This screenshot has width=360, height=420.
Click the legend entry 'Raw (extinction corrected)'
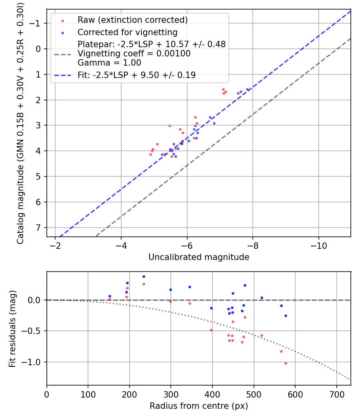(132, 20)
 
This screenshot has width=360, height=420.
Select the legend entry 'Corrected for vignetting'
(127, 32)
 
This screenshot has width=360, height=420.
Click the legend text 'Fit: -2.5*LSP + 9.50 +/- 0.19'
(136, 75)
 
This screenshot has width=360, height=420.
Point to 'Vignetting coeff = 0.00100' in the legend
(134, 54)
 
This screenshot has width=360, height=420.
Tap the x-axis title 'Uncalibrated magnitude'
(199, 257)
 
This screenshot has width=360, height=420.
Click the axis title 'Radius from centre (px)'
(199, 406)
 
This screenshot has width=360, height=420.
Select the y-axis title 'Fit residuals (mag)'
(12, 328)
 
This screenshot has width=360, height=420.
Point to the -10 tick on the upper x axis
(318, 245)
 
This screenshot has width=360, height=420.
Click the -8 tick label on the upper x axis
(253, 245)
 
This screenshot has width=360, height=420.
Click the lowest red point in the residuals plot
(286, 363)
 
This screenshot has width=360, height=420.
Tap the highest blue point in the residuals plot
(144, 276)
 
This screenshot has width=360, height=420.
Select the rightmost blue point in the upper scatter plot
(247, 90)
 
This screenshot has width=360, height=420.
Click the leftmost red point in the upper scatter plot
(150, 154)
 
